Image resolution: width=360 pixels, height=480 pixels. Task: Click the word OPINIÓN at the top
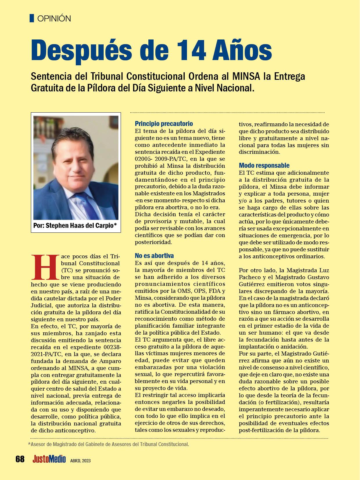tap(54, 19)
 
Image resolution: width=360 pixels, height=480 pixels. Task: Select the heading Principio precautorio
tap(164, 124)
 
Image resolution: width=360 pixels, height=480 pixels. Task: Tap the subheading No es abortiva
tap(154, 256)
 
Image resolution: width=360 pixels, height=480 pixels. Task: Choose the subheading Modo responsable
tap(264, 165)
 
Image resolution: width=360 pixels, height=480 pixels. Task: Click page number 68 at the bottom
tap(20, 459)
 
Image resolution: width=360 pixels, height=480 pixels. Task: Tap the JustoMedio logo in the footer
tap(49, 459)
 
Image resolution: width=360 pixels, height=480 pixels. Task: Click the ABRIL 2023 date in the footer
tap(80, 460)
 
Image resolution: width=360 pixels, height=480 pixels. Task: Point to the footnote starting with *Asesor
tap(108, 444)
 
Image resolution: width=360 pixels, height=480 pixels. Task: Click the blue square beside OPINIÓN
tap(32, 18)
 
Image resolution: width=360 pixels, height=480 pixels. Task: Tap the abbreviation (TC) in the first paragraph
tap(67, 270)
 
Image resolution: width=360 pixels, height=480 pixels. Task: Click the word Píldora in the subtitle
tap(101, 88)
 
